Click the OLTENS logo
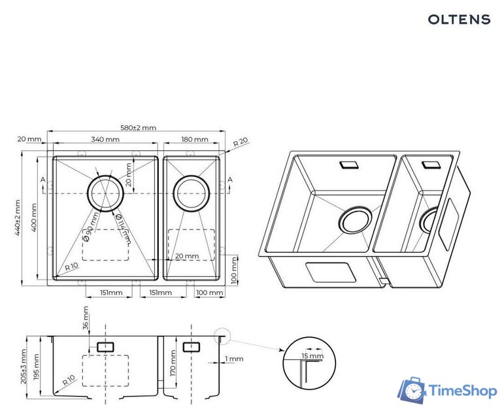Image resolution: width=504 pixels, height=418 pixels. coord(459,19)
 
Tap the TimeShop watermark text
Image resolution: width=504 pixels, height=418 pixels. coord(463,391)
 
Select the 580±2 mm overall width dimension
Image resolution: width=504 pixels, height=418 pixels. coord(138,127)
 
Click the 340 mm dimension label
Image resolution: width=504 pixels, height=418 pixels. coord(105,139)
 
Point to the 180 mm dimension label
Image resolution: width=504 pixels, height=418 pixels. coord(194,139)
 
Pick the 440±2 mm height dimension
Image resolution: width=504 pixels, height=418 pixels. coord(18,217)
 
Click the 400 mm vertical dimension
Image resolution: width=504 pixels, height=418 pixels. coord(34,217)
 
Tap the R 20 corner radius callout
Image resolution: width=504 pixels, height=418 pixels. coord(241,142)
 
